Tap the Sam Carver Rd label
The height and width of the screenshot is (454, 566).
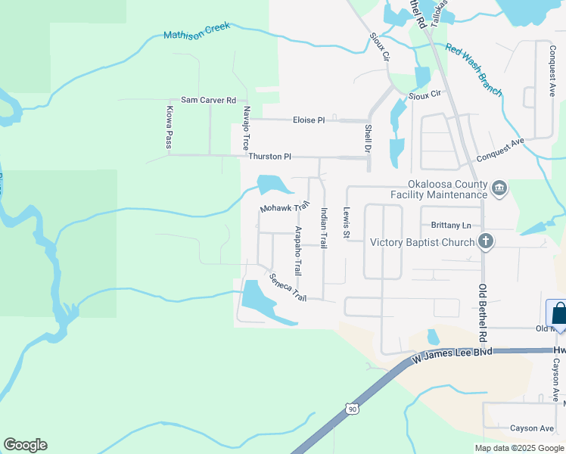click(208, 100)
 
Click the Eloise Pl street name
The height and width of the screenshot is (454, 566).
click(309, 120)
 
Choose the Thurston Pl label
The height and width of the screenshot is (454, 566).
click(269, 157)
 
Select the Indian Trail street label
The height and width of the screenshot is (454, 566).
click(324, 229)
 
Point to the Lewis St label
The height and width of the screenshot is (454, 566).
click(347, 223)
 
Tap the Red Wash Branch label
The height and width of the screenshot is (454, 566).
click(474, 70)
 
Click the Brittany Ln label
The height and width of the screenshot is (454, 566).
click(451, 225)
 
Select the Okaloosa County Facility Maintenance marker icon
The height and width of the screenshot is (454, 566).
click(499, 188)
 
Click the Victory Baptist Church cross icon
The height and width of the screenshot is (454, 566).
click(486, 242)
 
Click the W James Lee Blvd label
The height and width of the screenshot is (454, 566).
click(452, 352)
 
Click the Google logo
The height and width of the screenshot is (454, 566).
click(25, 445)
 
